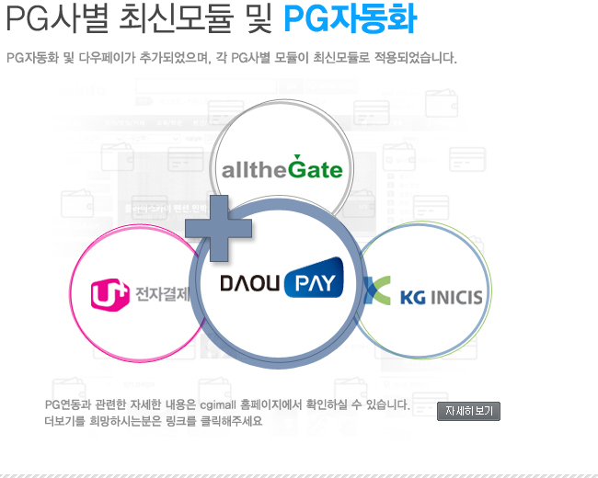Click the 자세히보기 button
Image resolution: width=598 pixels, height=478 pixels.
(x=468, y=411)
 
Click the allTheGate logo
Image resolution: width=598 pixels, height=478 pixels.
(x=282, y=169)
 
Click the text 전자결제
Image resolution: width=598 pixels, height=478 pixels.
(x=162, y=294)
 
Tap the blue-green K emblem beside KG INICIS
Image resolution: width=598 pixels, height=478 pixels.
(x=374, y=290)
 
